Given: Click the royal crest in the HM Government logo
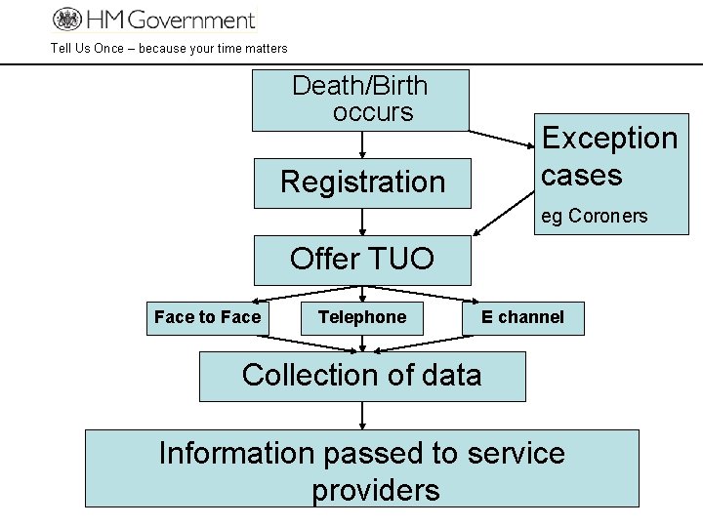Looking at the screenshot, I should pyautogui.click(x=67, y=19).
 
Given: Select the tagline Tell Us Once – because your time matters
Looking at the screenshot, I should pyautogui.click(x=169, y=48).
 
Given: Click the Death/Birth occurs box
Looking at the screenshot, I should pyautogui.click(x=360, y=100).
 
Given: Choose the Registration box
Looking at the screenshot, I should pyautogui.click(x=362, y=182).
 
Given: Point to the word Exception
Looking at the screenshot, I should pyautogui.click(x=609, y=139).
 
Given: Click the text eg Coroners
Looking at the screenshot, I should pyautogui.click(x=594, y=216).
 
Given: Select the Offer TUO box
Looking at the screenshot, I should pyautogui.click(x=362, y=260).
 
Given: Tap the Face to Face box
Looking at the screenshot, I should pyautogui.click(x=207, y=317).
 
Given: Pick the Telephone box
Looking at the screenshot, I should pyautogui.click(x=362, y=317).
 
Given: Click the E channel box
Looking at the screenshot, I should pyautogui.click(x=522, y=317).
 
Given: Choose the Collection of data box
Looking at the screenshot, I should pyautogui.click(x=362, y=376).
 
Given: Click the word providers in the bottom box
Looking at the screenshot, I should pyautogui.click(x=376, y=490).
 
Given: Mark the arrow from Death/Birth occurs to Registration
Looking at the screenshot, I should pyautogui.click(x=362, y=144).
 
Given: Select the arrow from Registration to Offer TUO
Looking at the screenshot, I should pyautogui.click(x=362, y=222).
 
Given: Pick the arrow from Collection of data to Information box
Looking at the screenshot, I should pyautogui.click(x=362, y=416).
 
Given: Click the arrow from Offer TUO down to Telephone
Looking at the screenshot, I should pyautogui.click(x=362, y=293).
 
